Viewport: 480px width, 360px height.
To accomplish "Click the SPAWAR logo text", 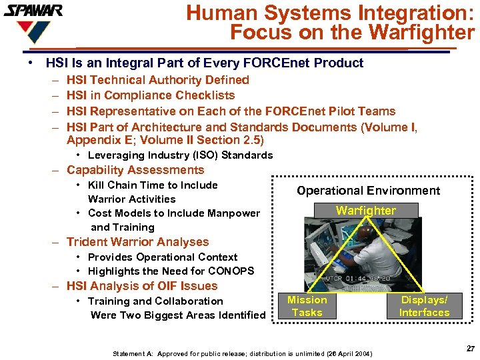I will [33, 11].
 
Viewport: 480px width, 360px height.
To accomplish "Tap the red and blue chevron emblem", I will [33, 31].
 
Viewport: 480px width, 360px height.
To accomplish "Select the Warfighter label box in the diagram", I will [365, 211].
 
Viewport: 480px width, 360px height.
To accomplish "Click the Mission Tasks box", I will [307, 306].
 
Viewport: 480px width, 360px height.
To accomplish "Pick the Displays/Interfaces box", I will [424, 306].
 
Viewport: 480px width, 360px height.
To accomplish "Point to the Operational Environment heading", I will [368, 191].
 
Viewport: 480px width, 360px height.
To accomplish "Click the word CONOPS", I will [231, 271].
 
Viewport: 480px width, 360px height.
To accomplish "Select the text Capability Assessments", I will [135, 170].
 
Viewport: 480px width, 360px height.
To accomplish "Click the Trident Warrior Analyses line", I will [137, 242].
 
